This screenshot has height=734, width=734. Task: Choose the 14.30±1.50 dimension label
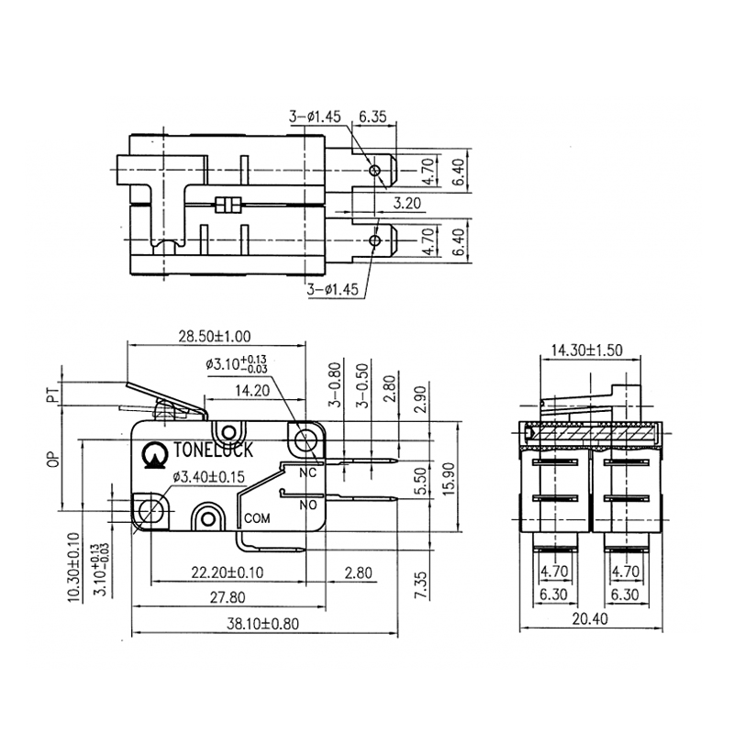coord(587,350)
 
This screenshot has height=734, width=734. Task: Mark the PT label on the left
coord(52,395)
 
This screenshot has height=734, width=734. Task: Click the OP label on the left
coord(52,458)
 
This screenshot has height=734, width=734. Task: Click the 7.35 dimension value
coord(421,584)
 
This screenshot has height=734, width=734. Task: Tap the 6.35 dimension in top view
coord(373,117)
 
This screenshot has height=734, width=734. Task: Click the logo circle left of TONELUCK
coord(152,452)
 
